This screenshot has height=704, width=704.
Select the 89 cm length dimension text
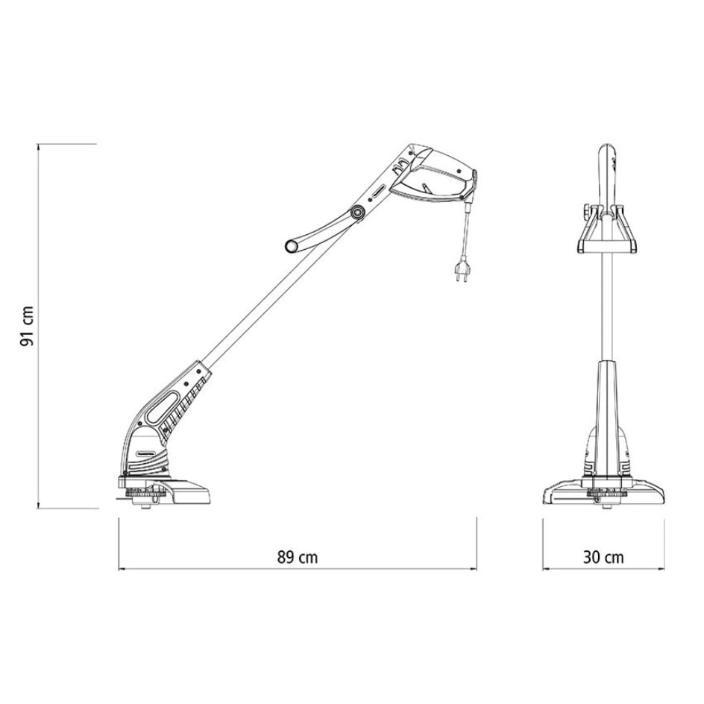[297, 557]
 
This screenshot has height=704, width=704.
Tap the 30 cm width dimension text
[603, 557]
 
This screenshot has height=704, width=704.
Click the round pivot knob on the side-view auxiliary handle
[359, 215]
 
